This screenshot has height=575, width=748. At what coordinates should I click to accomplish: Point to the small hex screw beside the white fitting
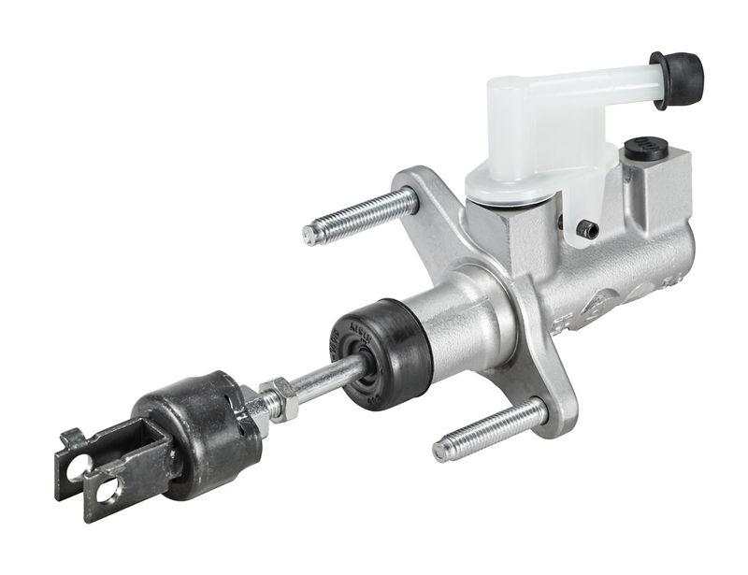(x=587, y=228)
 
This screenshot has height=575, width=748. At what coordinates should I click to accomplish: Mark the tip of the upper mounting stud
(x=309, y=235)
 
